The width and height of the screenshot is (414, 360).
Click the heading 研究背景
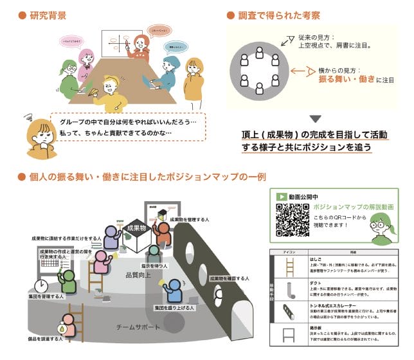point(46,14)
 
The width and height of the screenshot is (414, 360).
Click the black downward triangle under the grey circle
point(315,118)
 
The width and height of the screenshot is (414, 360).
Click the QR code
point(291,219)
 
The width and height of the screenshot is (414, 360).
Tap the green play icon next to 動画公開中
point(280,197)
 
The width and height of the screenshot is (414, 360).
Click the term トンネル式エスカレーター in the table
point(332,304)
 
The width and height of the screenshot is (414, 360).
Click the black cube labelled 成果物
point(137,232)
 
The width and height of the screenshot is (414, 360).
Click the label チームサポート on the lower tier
point(136,326)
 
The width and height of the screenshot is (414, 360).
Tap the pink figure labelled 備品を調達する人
point(67,325)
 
